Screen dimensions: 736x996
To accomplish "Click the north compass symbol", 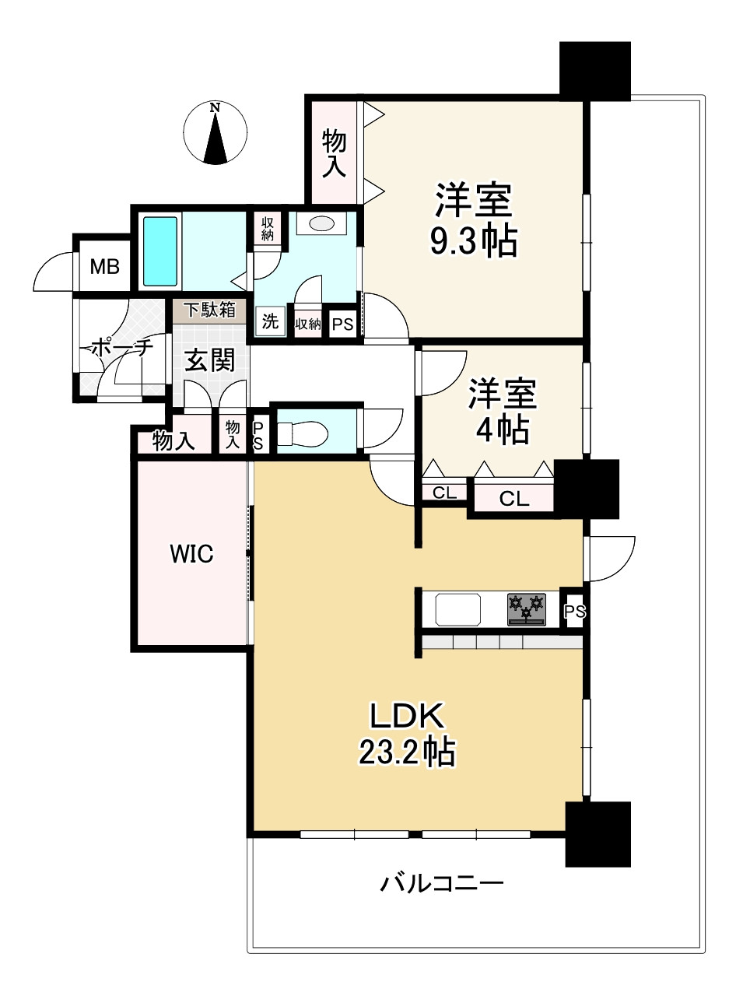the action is [x=215, y=132].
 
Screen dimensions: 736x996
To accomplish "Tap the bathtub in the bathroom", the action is [x=159, y=251].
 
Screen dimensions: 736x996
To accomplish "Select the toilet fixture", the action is [x=303, y=433].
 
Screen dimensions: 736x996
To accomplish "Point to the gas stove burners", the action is [x=527, y=609].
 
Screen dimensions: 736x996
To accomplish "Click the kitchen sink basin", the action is [x=457, y=609].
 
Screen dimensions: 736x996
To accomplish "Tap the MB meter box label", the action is [x=104, y=267].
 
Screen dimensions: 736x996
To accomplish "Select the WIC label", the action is [x=191, y=554].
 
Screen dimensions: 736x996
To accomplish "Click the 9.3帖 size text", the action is [x=474, y=241].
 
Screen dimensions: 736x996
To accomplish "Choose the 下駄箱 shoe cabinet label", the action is [x=210, y=310].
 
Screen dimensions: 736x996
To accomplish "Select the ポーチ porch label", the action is [x=122, y=348].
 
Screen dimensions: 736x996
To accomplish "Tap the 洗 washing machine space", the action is [x=270, y=321].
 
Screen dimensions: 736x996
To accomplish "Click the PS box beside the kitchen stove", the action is [x=575, y=610].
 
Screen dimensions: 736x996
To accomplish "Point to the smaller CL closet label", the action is [x=444, y=493].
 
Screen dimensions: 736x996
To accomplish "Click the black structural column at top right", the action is [x=595, y=72].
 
